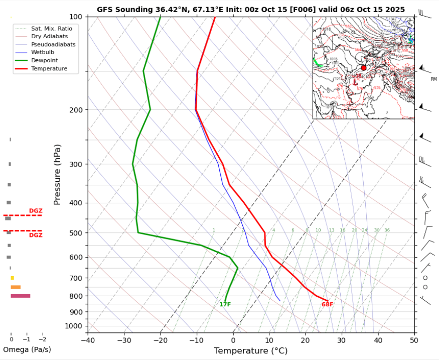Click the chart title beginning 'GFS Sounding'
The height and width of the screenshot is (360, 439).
(x=251, y=9)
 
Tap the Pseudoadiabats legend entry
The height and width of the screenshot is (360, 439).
(x=53, y=44)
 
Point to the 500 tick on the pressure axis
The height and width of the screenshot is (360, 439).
(x=77, y=233)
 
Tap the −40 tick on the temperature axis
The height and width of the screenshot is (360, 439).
(x=87, y=340)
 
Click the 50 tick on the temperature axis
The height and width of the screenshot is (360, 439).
(x=414, y=340)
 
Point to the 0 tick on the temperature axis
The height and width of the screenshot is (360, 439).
(x=233, y=340)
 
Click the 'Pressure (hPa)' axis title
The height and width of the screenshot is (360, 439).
(x=57, y=175)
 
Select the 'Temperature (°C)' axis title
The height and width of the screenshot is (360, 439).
(x=250, y=350)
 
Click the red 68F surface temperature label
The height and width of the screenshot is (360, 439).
(x=327, y=304)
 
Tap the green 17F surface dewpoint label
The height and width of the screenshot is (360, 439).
(x=225, y=304)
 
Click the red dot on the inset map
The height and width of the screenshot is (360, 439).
(x=364, y=68)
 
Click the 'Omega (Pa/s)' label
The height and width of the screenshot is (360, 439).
(x=27, y=349)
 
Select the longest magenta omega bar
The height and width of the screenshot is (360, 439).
(x=21, y=296)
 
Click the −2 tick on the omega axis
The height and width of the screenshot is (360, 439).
(x=42, y=339)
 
